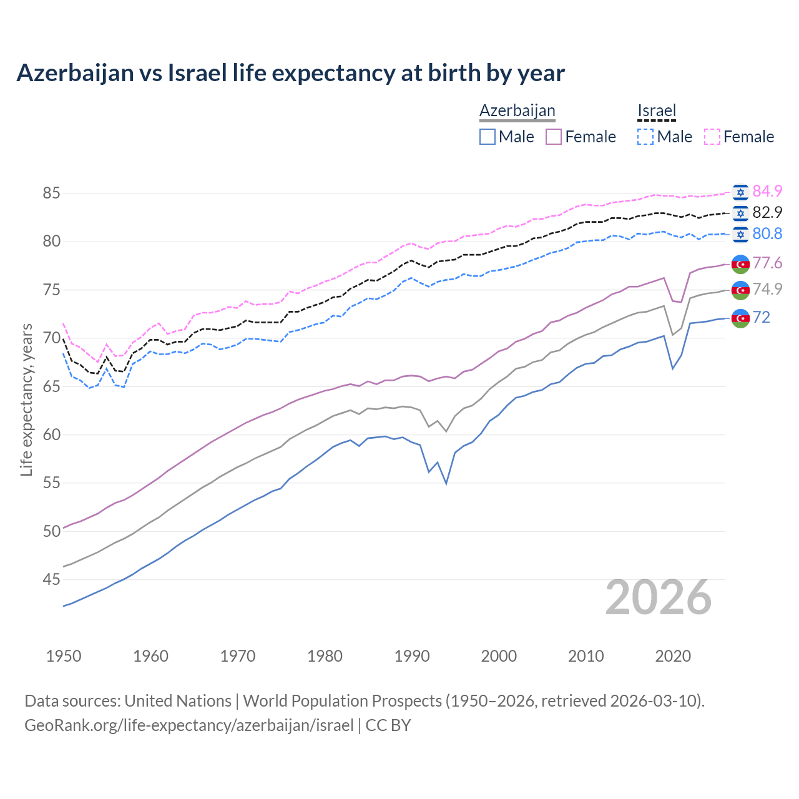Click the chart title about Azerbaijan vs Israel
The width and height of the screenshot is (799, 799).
coord(290,73)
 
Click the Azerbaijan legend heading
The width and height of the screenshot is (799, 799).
coord(517,110)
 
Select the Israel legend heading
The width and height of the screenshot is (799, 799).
coord(656,110)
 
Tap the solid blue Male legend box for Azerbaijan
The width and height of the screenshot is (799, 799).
coord(488,137)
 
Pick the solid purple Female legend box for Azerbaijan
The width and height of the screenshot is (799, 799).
coord(554,137)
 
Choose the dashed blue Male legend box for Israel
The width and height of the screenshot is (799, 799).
coord(645,137)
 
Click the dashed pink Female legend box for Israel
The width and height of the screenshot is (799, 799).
coord(712,137)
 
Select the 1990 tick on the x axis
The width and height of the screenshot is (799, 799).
coord(412,656)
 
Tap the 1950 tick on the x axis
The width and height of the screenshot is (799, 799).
coord(64,656)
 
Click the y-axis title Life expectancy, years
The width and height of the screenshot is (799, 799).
coord(26,399)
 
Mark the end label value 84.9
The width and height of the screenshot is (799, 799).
coord(767,191)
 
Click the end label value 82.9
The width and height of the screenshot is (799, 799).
coord(767,212)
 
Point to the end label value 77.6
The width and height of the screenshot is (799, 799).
coord(767,263)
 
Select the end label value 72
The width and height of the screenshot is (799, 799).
coord(761,317)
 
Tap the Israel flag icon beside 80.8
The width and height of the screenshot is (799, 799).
coord(740,234)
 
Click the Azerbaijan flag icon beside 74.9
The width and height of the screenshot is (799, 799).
coord(740,290)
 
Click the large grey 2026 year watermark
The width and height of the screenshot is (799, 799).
coord(658,597)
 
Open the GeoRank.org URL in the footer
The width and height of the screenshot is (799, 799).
coord(189,725)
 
